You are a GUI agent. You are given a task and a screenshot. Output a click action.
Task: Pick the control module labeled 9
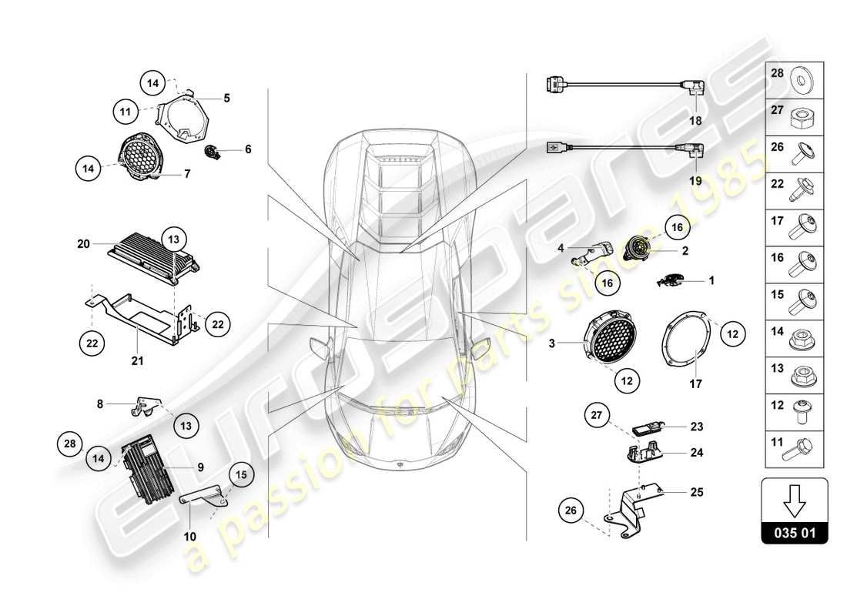pyautogui.click(x=146, y=467)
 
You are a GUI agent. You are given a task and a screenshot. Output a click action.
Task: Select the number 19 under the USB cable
pyautogui.click(x=695, y=182)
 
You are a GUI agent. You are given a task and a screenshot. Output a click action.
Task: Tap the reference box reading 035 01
pyautogui.click(x=795, y=532)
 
